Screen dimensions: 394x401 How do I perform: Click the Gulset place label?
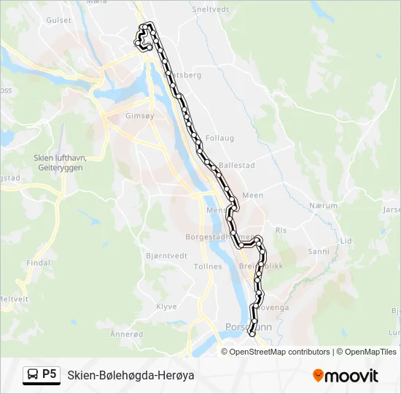coord(59,20)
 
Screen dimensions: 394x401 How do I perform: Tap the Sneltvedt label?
coord(210,9)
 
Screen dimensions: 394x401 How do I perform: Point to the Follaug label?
coord(219,137)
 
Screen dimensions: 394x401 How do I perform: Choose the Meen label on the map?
coord(252,196)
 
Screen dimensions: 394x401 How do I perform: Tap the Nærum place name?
coord(323,206)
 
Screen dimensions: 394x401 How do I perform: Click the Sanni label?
coord(319,251)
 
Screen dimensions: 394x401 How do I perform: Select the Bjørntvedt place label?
coord(167,255)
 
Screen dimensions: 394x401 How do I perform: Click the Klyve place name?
coord(166,307)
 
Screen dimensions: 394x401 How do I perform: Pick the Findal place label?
coord(37,263)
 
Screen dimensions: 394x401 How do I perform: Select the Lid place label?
coord(346,241)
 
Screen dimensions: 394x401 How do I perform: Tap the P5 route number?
coord(50,374)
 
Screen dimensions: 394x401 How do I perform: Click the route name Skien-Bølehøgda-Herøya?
coord(131,375)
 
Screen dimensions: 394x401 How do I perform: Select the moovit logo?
coord(346,375)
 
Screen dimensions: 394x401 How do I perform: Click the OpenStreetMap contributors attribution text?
coord(279,352)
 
